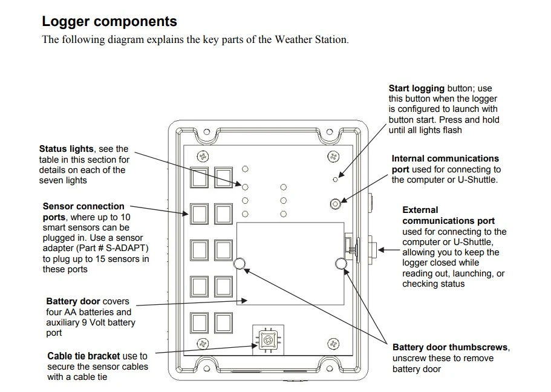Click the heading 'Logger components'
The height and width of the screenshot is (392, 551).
tap(109, 21)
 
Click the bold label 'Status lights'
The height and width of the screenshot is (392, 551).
tap(67, 149)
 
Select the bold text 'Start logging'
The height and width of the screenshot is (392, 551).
tap(416, 88)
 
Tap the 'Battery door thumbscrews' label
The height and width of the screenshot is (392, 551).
tap(450, 347)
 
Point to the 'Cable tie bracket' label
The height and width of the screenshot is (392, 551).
tap(83, 356)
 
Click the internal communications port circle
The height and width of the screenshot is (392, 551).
tap(336, 203)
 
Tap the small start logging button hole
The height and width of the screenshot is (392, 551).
tap(336, 179)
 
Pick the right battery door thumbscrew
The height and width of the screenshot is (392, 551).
tap(341, 262)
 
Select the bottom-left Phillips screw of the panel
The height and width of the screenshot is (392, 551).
tap(203, 344)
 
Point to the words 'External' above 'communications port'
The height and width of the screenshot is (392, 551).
tap(420, 210)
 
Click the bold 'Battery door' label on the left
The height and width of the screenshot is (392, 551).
tap(73, 301)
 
